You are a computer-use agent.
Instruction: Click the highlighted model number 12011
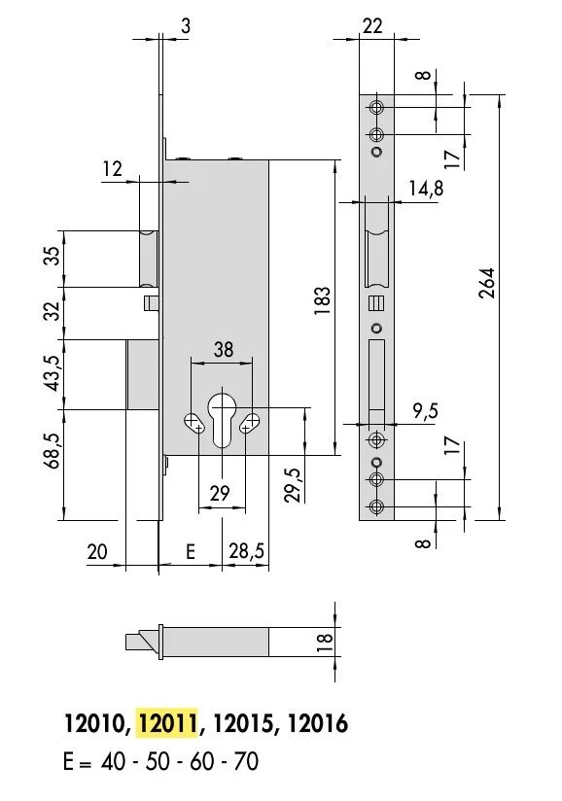pos(167,723)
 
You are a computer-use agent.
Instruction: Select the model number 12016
pos(318,723)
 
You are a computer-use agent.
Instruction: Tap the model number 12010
pos(94,723)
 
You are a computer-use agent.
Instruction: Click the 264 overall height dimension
pos(487,283)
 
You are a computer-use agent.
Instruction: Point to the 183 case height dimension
pos(322,300)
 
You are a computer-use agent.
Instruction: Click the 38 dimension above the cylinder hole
pos(224,349)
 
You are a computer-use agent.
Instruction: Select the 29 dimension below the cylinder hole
pos(220,493)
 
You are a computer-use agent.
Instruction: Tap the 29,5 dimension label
pos(294,485)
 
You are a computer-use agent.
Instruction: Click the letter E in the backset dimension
pos(190,552)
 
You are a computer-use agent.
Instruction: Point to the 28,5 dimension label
pos(247,551)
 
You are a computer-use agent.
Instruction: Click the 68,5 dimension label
pos(53,451)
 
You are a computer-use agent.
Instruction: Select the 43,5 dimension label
pos(53,373)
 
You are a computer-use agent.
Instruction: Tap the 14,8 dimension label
pos(426,188)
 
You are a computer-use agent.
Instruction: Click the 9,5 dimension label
pos(426,410)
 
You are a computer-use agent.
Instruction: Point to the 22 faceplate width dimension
pos(372,25)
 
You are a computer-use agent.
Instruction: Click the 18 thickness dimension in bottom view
pos(325,643)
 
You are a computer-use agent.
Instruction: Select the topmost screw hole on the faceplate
pos(377,108)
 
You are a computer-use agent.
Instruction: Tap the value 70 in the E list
pos(246,761)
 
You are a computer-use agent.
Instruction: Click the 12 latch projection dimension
pos(113,168)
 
